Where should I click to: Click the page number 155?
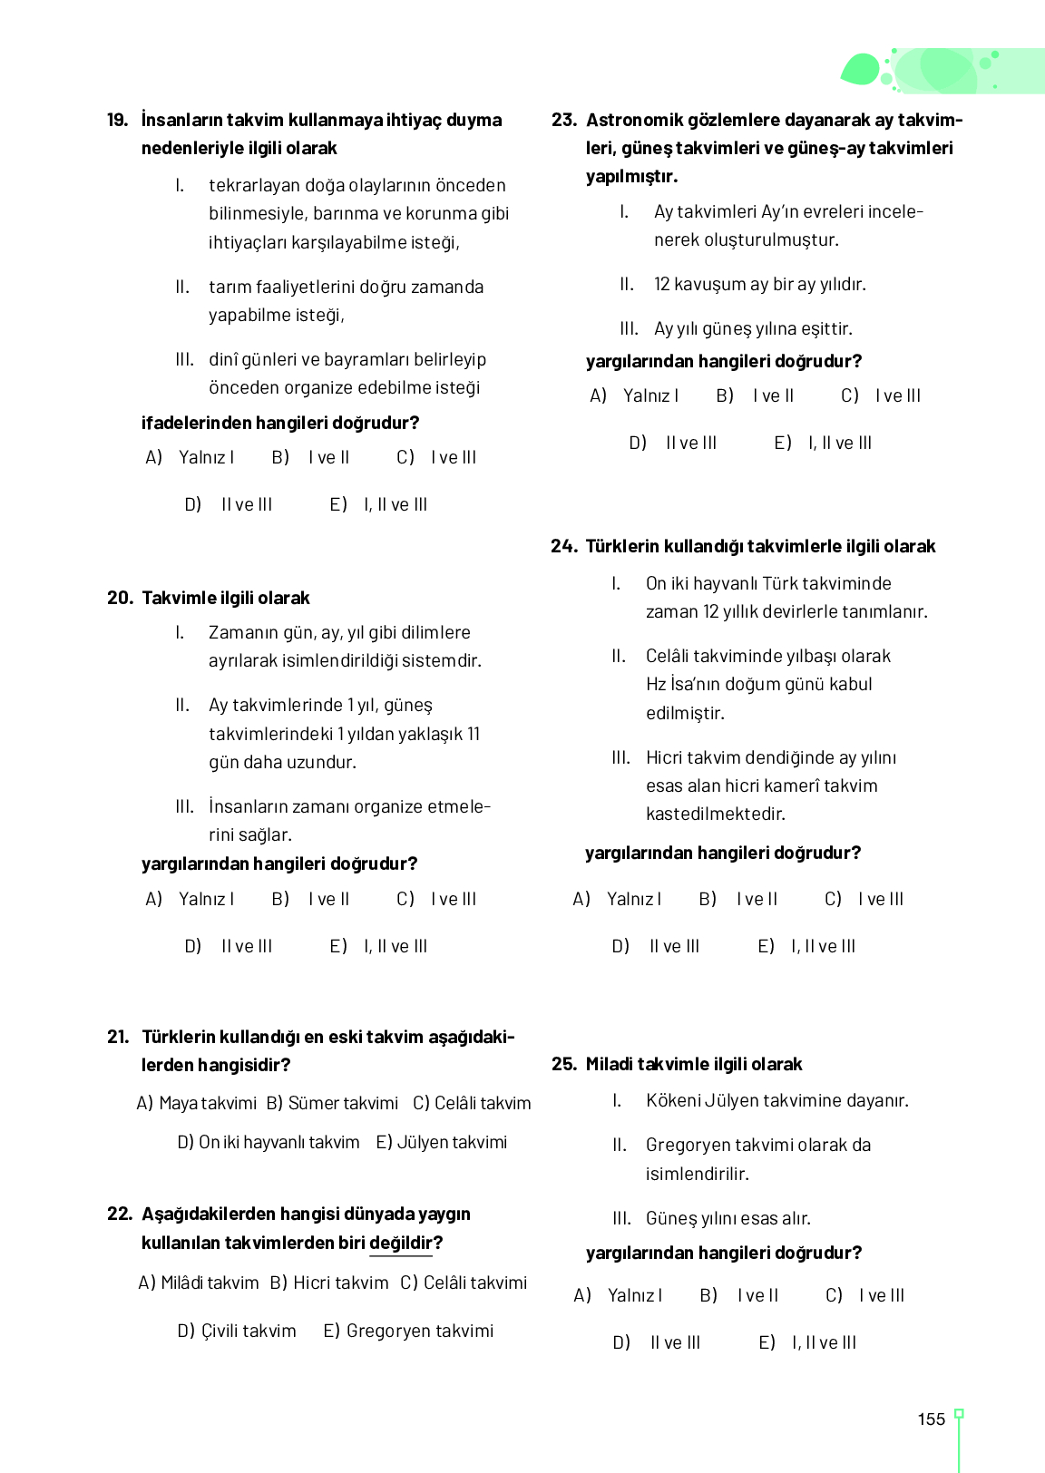tap(931, 1419)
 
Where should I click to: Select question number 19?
tap(117, 121)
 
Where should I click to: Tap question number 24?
tap(563, 546)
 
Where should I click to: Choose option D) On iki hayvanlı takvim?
tap(269, 1142)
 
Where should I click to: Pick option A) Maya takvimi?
tap(197, 1103)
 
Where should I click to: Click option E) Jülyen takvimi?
tap(442, 1142)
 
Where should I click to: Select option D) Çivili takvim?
tap(237, 1331)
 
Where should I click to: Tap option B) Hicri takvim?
tap(329, 1283)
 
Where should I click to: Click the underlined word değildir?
tap(401, 1243)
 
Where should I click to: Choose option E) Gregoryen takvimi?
tap(408, 1331)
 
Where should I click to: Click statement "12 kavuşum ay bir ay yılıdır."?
tap(759, 285)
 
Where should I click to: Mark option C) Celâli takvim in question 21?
tap(472, 1103)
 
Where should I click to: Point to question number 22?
tap(119, 1214)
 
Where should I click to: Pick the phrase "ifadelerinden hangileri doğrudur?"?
tap(280, 423)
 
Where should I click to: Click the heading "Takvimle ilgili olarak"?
tap(226, 598)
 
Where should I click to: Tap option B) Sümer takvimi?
tap(332, 1103)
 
